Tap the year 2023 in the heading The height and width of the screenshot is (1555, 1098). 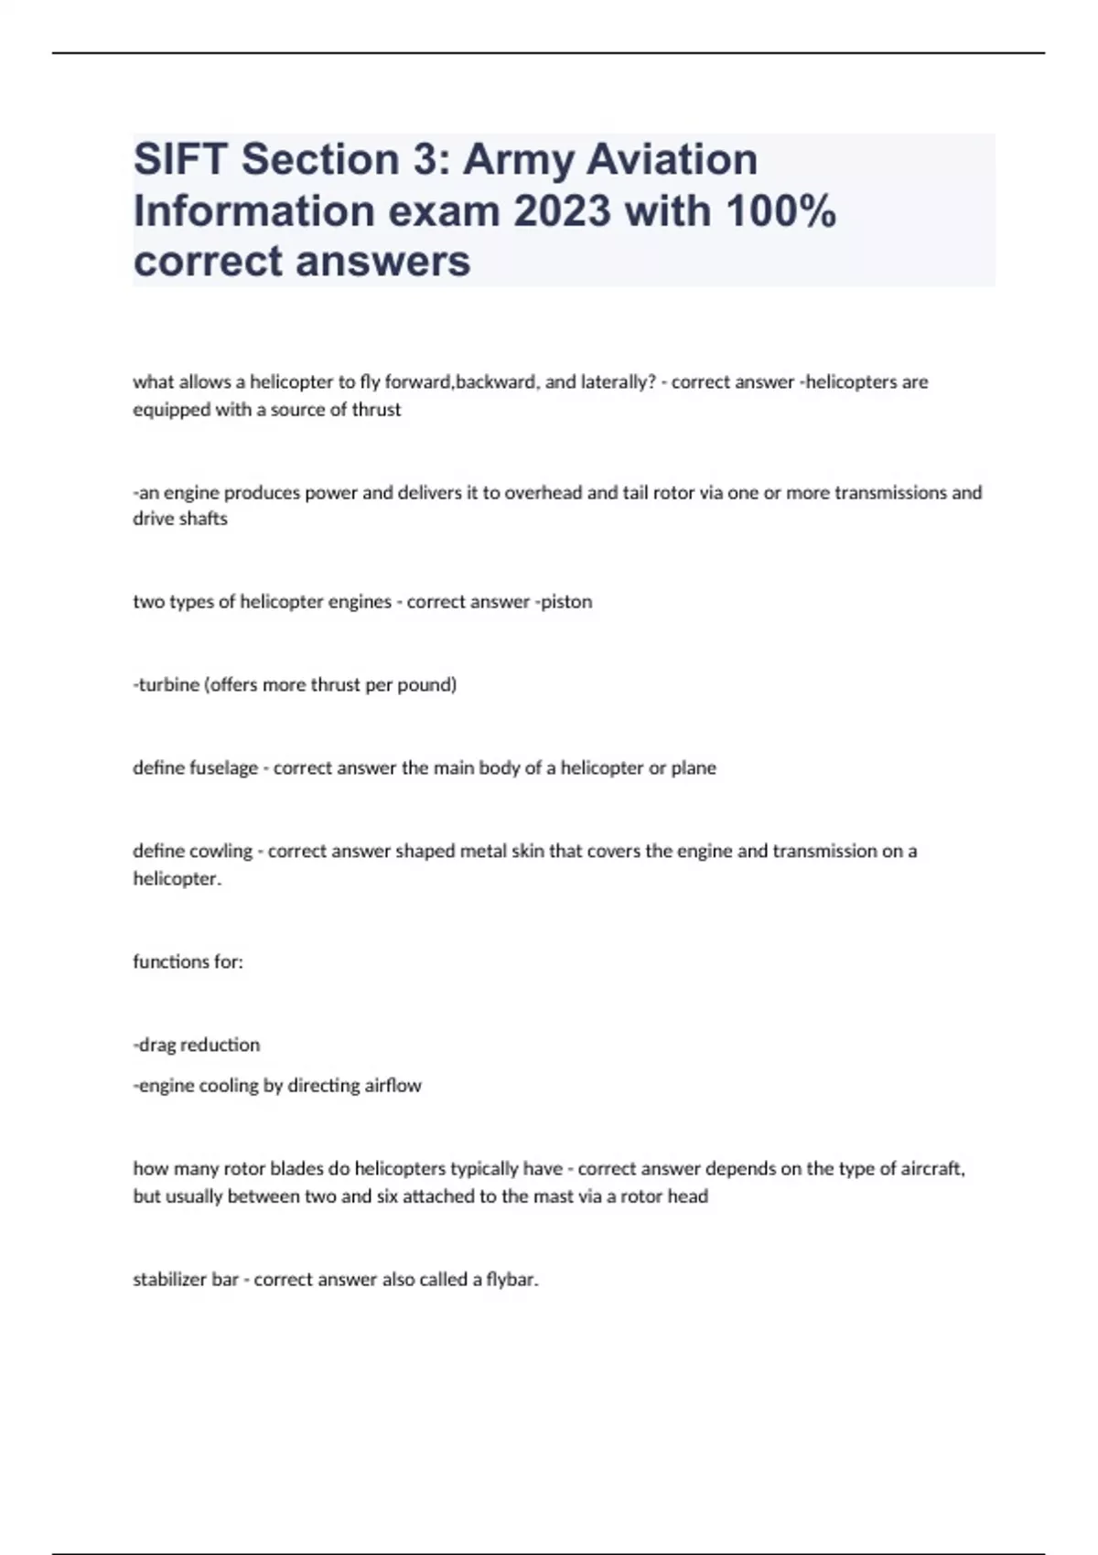coord(561,211)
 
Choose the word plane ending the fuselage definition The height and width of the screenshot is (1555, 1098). coord(694,768)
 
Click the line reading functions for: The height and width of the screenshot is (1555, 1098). coord(188,962)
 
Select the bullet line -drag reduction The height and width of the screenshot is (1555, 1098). coord(197,1045)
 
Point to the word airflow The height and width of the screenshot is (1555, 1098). coord(393,1086)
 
